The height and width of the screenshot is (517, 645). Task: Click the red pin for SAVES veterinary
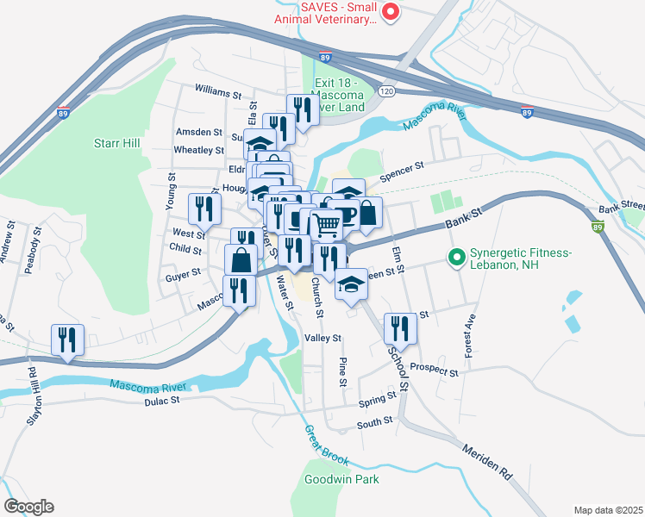(390, 12)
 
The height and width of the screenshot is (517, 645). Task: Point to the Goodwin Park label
(341, 479)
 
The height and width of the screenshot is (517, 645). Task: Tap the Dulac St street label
(162, 400)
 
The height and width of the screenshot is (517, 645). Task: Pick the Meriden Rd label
(487, 463)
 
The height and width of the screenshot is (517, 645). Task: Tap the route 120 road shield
(386, 90)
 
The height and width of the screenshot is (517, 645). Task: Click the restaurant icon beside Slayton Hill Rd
(66, 339)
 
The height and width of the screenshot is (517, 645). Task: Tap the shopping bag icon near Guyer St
(241, 258)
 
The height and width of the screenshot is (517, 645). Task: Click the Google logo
(28, 507)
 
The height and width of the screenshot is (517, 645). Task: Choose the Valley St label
(325, 339)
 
